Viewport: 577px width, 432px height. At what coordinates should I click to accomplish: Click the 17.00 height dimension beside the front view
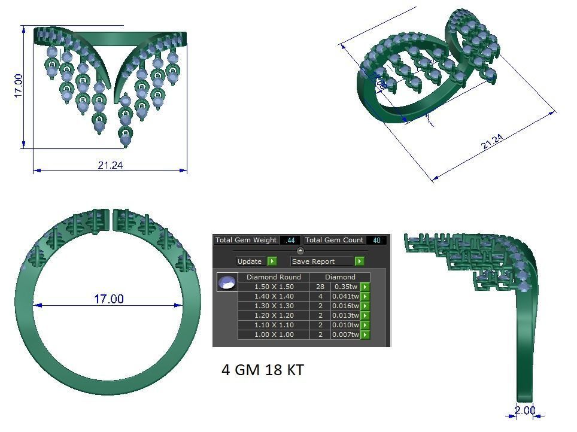coord(17,86)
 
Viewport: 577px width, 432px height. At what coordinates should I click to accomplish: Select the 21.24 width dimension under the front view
coord(110,165)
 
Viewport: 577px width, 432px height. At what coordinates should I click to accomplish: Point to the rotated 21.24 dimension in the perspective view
coord(492,142)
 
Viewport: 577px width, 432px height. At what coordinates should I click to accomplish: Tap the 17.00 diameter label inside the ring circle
coord(108,299)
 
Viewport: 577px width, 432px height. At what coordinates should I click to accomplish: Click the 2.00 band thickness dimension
coord(525,410)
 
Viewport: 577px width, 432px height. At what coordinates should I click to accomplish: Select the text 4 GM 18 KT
coord(263,370)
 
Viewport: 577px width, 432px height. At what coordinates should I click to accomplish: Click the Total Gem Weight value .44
coord(291,240)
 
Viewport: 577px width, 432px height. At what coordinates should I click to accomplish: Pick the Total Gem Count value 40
coord(377,240)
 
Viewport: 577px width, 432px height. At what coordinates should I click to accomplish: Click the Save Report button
coord(321,261)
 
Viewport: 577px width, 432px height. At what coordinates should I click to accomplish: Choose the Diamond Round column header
coord(274,277)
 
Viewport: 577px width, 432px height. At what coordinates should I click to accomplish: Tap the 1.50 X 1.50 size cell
coord(274,287)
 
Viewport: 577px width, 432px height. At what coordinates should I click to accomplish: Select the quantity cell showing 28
coord(320,287)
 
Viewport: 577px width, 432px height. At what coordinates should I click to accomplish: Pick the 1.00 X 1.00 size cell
coord(274,334)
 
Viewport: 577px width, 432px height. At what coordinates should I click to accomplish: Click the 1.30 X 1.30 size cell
coord(274,306)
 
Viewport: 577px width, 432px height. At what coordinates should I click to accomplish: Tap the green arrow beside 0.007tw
coord(365,334)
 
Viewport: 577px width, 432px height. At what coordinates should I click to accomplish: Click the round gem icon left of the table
coord(227,282)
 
